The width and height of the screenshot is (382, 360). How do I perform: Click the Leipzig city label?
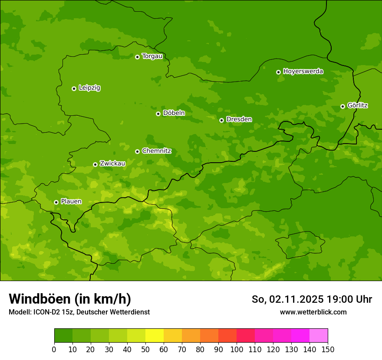pos(89,88)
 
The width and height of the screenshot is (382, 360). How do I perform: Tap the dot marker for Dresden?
pos(221,120)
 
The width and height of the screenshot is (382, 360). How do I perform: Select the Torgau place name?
pos(152,56)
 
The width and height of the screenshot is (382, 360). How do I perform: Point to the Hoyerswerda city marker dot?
pos(278,72)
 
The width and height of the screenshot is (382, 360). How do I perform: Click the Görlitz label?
pos(358,105)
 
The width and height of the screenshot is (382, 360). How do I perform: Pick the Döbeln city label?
pos(174,113)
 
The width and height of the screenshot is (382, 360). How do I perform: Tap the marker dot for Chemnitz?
pos(137,151)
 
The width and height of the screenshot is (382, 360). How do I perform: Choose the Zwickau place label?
pos(112,164)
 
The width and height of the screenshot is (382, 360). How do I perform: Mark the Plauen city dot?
pos(56,202)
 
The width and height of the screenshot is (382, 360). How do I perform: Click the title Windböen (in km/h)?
pos(69,299)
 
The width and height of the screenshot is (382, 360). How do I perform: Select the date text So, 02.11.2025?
pos(287,299)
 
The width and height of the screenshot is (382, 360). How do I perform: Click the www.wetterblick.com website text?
pos(313,312)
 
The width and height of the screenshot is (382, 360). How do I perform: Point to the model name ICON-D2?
pos(46,312)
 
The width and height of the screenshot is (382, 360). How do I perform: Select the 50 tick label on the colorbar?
pos(145,349)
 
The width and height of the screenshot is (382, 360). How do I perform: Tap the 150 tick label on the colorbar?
pos(328,349)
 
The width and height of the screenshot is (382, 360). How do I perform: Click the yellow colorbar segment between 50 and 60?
pos(155,336)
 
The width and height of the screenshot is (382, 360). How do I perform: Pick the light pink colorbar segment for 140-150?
pos(319,336)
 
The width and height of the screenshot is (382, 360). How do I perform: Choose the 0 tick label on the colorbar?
pos(54,349)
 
